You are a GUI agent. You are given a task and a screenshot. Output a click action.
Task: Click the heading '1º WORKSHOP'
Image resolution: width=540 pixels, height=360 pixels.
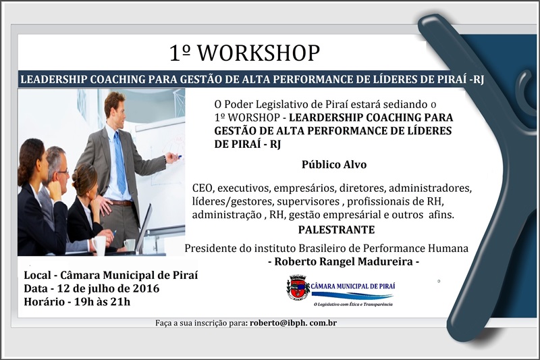[x=244, y=53]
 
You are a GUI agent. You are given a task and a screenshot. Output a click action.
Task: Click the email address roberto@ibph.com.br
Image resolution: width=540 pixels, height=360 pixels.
[x=293, y=323]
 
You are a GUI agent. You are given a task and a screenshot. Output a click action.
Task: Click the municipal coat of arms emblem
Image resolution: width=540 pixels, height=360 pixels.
[x=297, y=287]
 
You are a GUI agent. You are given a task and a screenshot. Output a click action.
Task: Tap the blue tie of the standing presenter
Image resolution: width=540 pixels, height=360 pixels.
[x=120, y=162]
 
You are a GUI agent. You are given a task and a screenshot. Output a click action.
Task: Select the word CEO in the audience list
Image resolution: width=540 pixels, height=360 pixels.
[x=203, y=186]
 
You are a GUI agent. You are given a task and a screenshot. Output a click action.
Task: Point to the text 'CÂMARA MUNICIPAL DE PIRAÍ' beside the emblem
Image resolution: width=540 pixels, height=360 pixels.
[x=353, y=286]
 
